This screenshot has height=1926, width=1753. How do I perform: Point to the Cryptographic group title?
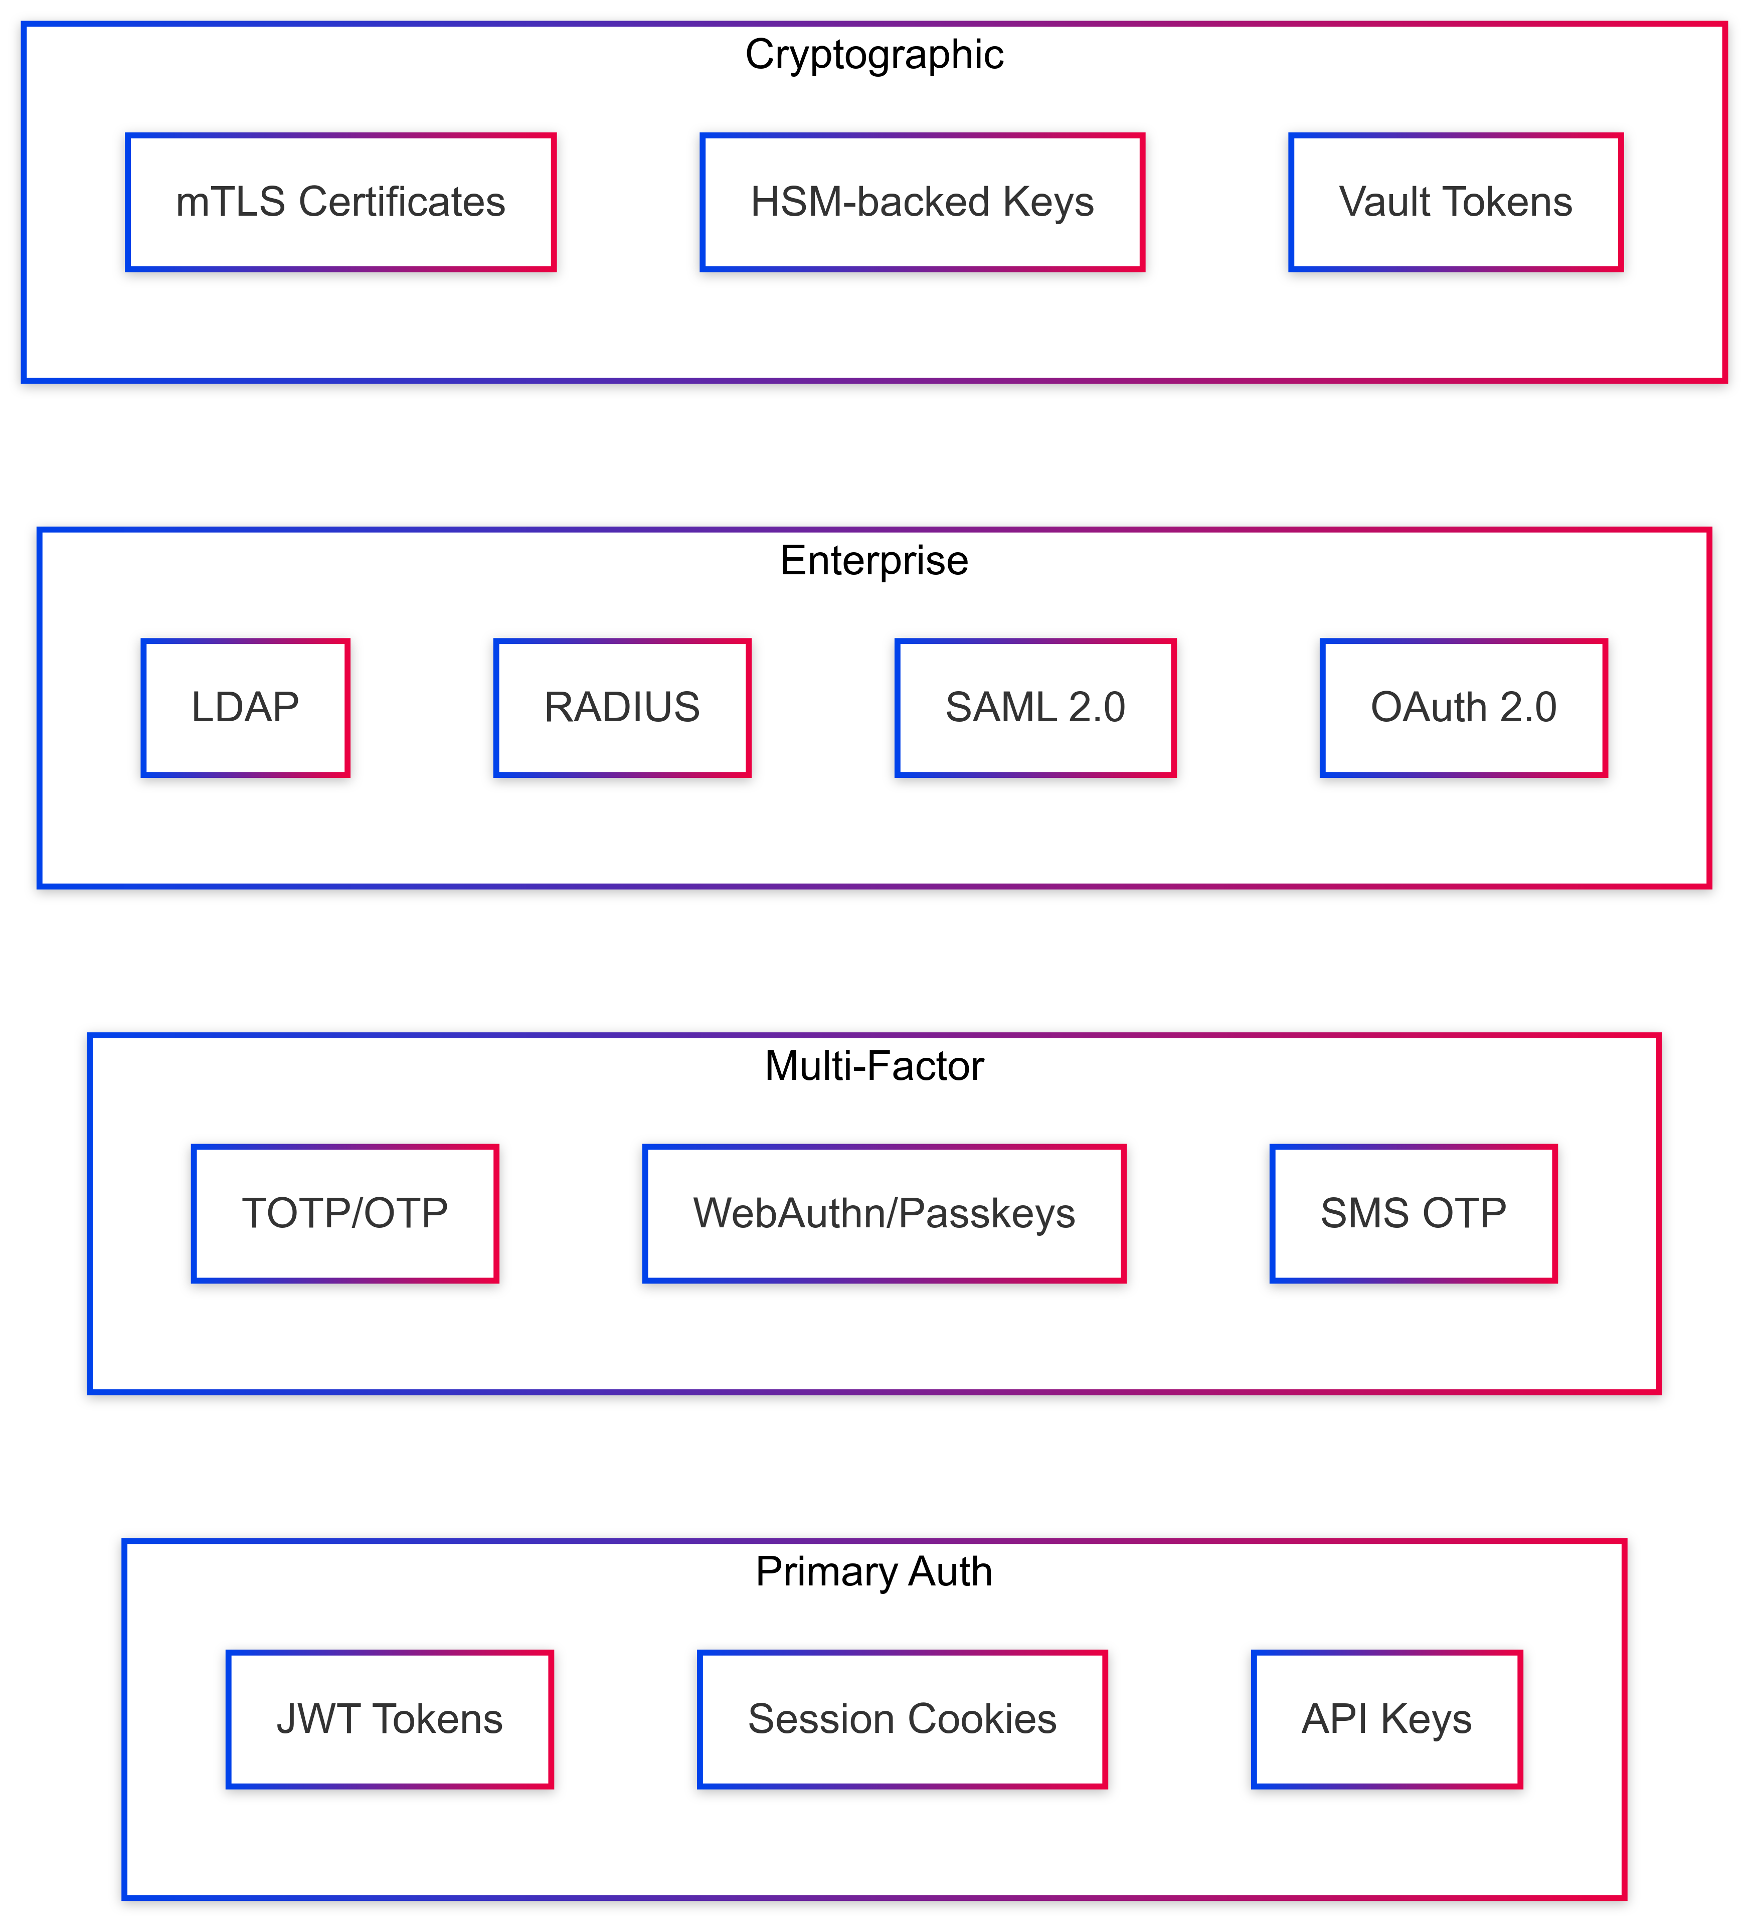[x=874, y=55]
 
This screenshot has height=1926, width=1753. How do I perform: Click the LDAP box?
[x=246, y=708]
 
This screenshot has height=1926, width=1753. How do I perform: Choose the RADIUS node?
[x=622, y=708]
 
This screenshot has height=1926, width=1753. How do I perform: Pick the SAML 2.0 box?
[x=1034, y=708]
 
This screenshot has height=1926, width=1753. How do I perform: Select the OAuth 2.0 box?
[x=1464, y=708]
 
